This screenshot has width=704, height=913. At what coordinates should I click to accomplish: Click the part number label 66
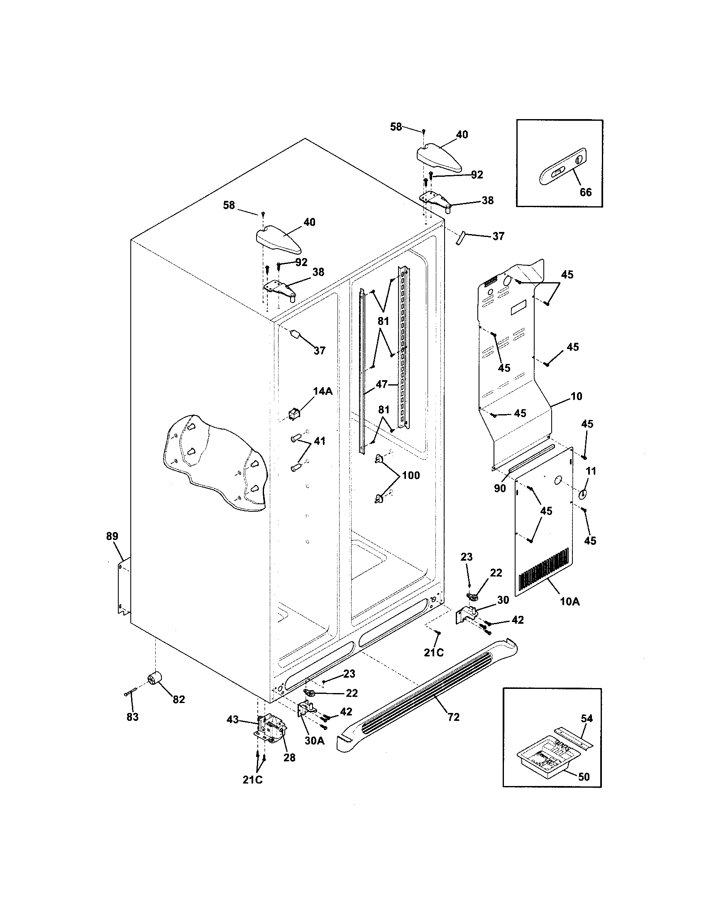[x=585, y=192]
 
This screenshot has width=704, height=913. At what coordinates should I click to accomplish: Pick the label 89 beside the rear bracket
[x=112, y=536]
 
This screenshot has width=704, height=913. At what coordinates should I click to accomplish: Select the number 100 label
[x=411, y=476]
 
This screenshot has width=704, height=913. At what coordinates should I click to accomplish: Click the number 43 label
[x=232, y=720]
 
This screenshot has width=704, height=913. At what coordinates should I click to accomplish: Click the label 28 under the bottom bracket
[x=289, y=757]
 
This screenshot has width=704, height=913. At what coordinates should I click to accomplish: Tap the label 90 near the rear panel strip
[x=500, y=488]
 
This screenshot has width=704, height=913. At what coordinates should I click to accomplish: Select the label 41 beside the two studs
[x=319, y=441]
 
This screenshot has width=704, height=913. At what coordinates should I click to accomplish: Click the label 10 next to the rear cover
[x=576, y=396]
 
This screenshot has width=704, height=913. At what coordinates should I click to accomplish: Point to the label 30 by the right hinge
[x=503, y=600]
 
